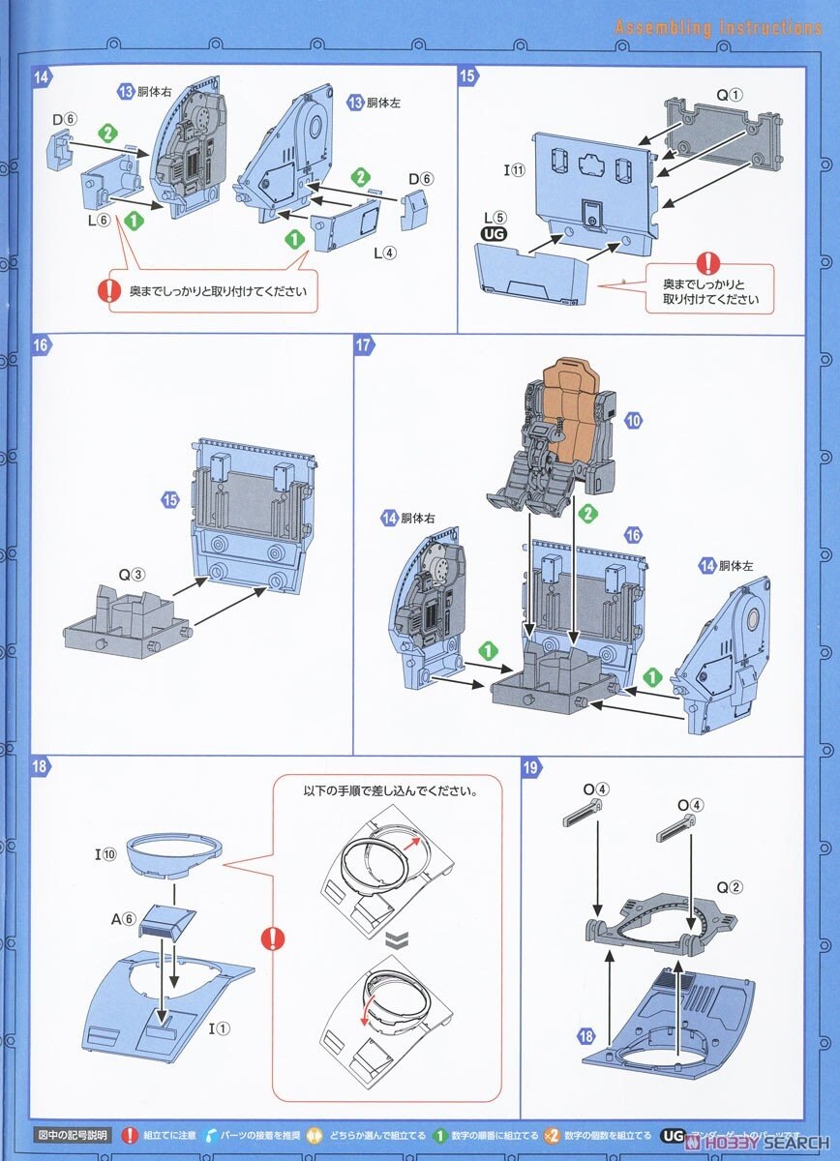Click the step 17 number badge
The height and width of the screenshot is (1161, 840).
[364, 345]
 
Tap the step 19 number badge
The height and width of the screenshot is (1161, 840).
[531, 768]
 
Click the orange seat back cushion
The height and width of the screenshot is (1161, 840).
[578, 397]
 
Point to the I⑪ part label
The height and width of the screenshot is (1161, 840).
[513, 170]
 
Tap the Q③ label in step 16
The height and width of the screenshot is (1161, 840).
[131, 574]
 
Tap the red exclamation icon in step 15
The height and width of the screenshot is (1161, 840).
[709, 262]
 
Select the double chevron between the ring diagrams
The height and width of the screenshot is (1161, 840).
[391, 938]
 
